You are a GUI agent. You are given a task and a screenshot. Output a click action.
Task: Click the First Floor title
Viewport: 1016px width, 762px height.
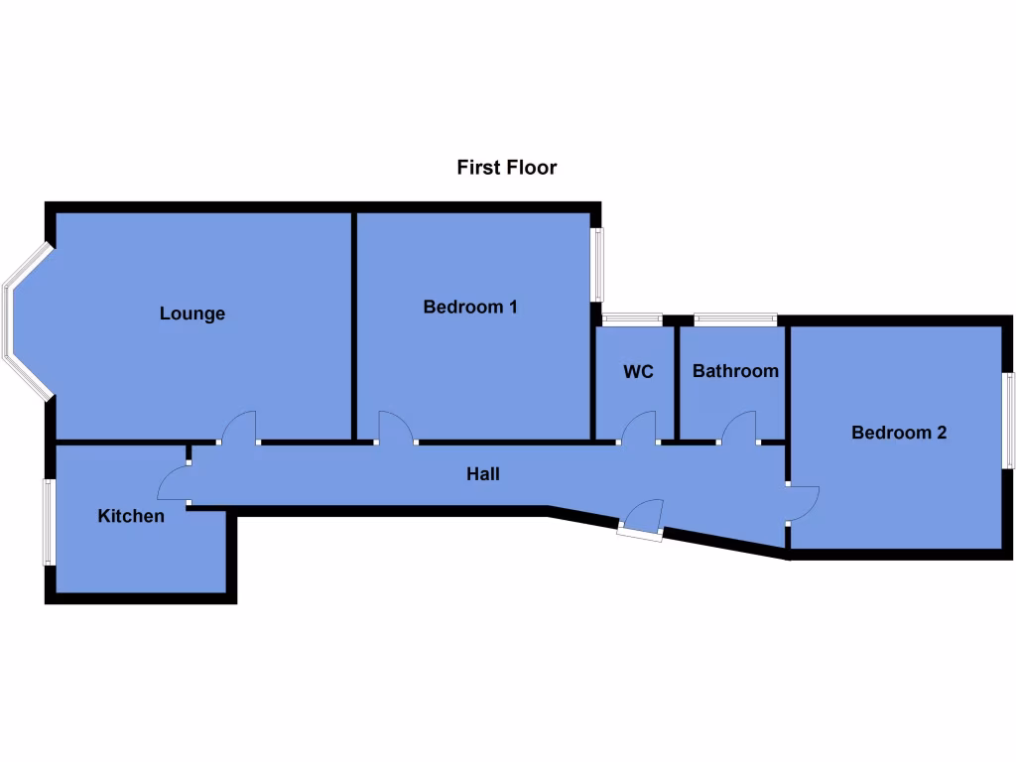506,167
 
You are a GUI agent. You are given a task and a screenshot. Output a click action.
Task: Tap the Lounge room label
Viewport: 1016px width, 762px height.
192,314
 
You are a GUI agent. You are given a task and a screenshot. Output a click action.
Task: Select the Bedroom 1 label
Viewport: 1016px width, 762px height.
470,307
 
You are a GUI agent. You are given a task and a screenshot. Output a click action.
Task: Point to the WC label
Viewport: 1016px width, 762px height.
638,372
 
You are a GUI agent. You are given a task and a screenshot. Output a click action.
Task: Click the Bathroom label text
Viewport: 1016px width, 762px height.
735,371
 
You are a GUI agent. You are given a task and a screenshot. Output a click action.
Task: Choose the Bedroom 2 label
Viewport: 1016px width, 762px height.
899,433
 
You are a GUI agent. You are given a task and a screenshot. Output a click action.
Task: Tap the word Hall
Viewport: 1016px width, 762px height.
483,474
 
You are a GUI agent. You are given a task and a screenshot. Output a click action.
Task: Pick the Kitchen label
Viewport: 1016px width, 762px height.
131,516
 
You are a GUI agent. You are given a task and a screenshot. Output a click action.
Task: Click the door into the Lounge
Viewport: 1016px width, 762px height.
239,429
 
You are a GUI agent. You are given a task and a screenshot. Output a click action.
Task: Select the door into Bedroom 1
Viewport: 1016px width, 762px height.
397,429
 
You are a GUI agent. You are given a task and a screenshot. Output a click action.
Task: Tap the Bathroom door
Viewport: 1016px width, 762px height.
740,429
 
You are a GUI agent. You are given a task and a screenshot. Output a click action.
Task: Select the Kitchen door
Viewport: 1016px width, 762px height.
174,484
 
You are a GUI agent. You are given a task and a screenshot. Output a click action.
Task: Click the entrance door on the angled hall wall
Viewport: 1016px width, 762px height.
642,518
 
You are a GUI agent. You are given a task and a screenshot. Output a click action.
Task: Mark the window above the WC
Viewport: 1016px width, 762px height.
632,318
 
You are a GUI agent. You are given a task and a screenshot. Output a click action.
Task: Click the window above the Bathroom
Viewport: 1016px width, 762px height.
735,318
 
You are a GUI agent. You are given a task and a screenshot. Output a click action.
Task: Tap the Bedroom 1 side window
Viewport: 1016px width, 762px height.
597,265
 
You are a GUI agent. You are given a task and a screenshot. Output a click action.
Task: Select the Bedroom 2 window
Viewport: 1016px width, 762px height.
1007,420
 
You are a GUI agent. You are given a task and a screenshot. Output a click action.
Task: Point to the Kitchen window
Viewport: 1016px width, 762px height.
48,523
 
